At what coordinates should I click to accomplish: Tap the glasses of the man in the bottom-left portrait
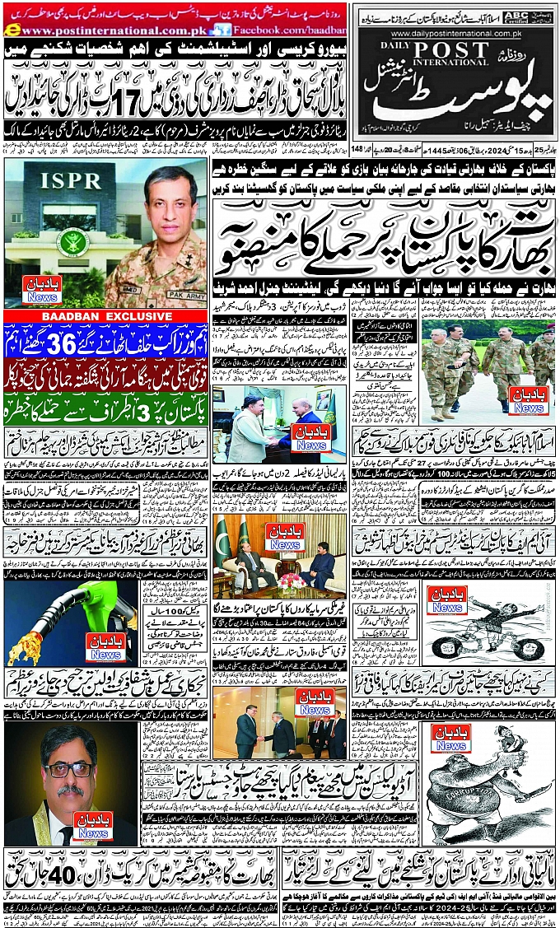[x=68, y=769]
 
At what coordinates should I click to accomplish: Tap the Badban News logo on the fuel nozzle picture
[x=106, y=651]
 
